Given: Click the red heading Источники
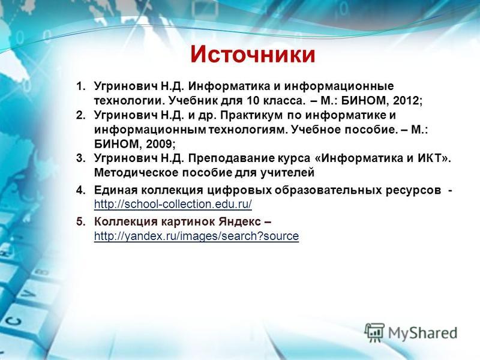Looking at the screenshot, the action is pos(253,55).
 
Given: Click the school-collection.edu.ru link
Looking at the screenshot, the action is pos(173,204).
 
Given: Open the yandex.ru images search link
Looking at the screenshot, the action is pos(196,236).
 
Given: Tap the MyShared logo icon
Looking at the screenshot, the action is pos(374,332).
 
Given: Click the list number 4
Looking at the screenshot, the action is pos(80,190).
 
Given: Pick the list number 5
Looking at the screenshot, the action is pos(80,221).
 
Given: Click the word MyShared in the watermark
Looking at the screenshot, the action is pos(423,333).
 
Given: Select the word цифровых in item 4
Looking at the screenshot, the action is pos(239,190).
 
